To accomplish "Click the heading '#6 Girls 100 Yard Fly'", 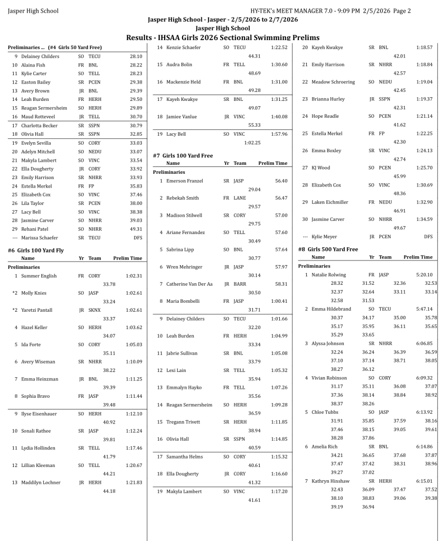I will click(x=35, y=250).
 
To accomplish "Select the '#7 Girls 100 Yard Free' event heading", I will click(x=183, y=155).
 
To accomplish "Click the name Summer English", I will click(x=39, y=276).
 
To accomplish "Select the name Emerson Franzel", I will click(x=184, y=181).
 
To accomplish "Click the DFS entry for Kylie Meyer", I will click(x=428, y=237).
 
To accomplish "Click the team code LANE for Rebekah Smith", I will click(x=240, y=198).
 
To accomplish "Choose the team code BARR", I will click(x=240, y=284).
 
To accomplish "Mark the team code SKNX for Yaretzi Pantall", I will click(x=96, y=310).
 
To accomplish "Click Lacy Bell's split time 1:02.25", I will click(x=252, y=143).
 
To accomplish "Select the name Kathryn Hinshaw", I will click(x=330, y=481).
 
